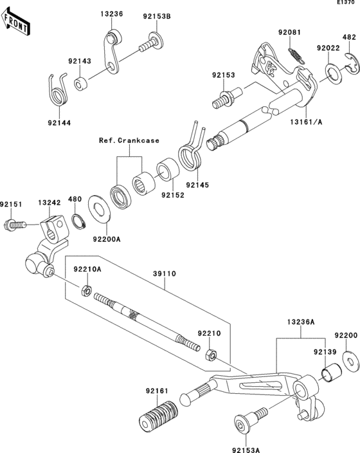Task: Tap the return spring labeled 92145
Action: tap(190, 154)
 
